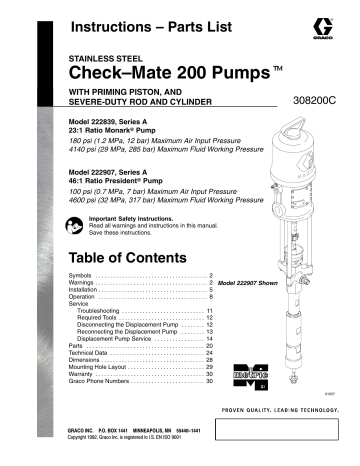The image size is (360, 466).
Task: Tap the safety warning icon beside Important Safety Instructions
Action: tap(73, 223)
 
